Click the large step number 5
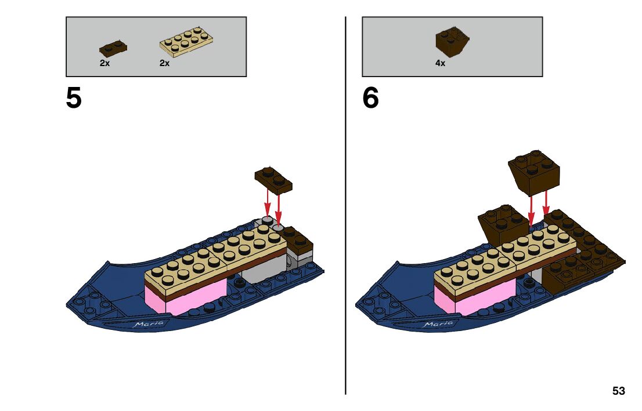coord(74,98)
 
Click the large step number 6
coord(370,98)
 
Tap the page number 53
coord(618,391)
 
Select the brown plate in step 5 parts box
coord(113,48)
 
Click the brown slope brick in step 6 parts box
coord(452,42)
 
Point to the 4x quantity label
coord(440,63)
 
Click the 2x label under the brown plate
coord(104,63)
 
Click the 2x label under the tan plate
coord(164,63)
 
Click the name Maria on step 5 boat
coord(149,324)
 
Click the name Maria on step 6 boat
coord(438,324)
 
